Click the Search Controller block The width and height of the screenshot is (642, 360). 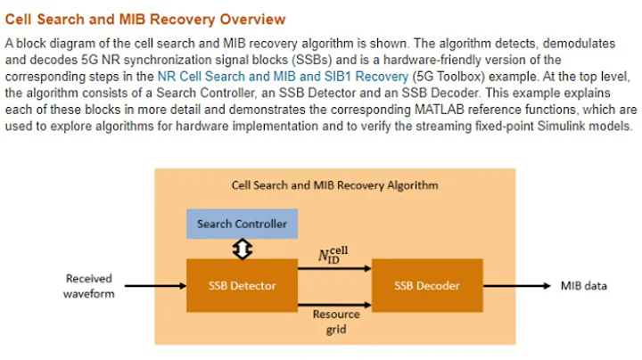(243, 224)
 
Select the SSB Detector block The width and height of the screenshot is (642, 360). (243, 285)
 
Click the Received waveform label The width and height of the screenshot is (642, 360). (89, 286)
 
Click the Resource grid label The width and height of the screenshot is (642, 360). (336, 321)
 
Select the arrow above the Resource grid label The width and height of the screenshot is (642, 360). (335, 301)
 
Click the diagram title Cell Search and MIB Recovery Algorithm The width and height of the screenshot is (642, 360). (334, 185)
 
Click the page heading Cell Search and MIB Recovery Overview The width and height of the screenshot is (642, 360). (145, 19)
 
